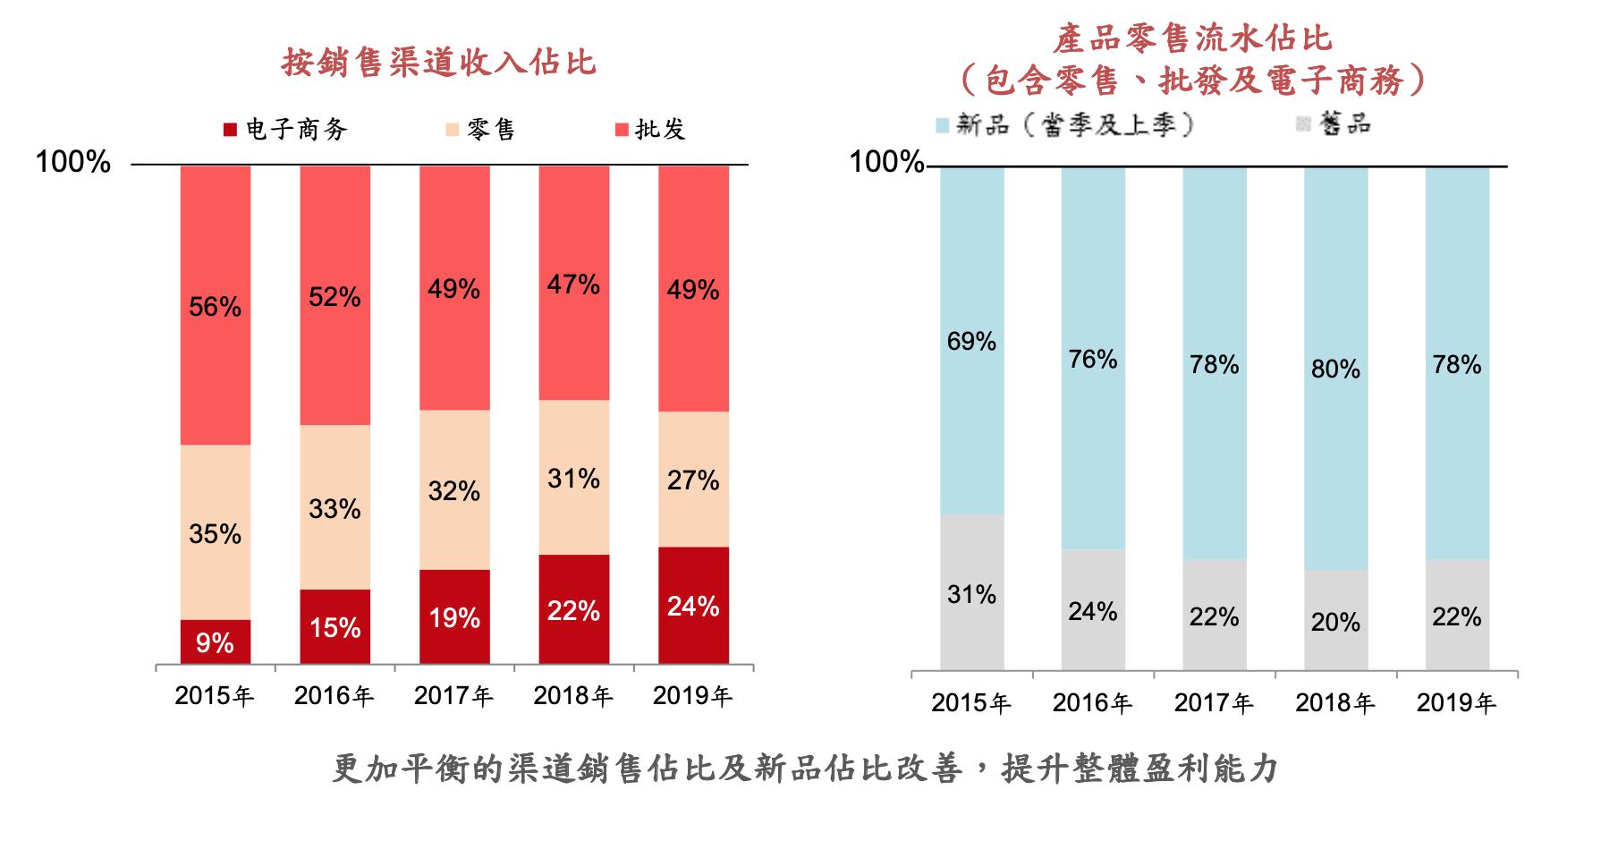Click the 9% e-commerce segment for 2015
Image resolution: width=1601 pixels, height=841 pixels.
coord(215,641)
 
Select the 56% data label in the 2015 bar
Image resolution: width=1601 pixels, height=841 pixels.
coord(215,307)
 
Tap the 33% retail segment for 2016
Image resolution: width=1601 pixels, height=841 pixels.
coord(335,507)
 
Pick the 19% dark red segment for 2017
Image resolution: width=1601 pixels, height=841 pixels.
coord(454,617)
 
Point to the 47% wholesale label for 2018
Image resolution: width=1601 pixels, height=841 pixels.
coord(573,285)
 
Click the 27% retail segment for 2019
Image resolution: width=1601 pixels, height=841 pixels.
coord(693,480)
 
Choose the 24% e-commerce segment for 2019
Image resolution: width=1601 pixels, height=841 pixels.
coord(693,606)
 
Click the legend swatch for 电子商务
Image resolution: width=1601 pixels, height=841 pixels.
coord(230,130)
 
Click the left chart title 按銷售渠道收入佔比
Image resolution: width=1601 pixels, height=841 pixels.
coord(438,63)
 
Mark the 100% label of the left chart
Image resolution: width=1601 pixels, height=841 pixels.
coord(72,163)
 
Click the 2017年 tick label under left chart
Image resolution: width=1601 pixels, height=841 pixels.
coord(454,696)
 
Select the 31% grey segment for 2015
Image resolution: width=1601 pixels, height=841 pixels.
coord(971,593)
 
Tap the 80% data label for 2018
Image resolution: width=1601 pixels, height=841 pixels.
coord(1335,369)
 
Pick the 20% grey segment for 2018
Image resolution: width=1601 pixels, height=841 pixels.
coord(1335,621)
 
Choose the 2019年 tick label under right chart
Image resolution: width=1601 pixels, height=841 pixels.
coord(1456,703)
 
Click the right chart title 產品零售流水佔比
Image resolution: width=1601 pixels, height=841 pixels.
coord(1192,38)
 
